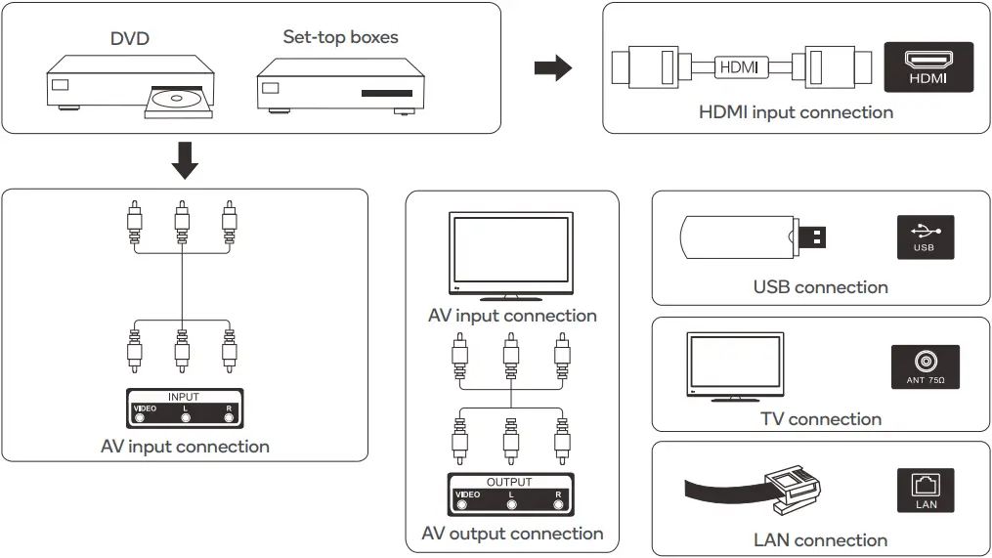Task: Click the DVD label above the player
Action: [x=130, y=39]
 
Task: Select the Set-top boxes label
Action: [x=340, y=37]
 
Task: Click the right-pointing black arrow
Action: [x=552, y=68]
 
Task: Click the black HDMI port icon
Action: [x=927, y=67]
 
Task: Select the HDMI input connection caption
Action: [x=796, y=112]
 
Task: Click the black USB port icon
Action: [x=925, y=236]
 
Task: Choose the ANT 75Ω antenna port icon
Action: [x=925, y=366]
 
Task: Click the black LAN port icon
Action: [x=925, y=490]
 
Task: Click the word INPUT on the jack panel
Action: [x=184, y=397]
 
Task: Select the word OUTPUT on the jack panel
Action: [x=509, y=482]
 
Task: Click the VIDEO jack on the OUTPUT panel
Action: [x=462, y=505]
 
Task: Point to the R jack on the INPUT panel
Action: [x=230, y=418]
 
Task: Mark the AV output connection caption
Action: [x=512, y=534]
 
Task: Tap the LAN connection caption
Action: [x=820, y=540]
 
